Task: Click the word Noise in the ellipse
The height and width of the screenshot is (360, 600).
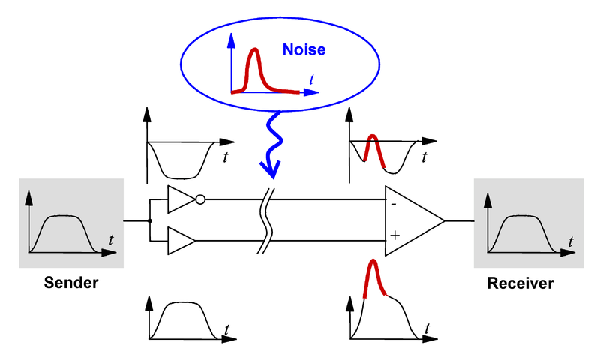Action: coord(304,49)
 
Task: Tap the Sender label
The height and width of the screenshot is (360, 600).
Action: coord(71,283)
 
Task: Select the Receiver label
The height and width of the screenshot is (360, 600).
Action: coord(520,283)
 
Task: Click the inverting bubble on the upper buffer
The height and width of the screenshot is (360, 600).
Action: coord(200,199)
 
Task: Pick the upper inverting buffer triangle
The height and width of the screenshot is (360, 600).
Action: coord(181,199)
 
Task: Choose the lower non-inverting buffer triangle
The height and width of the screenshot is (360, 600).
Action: coord(181,241)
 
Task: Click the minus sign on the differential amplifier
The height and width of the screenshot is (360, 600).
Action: coord(394,205)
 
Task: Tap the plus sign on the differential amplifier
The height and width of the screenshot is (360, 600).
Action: coord(395,235)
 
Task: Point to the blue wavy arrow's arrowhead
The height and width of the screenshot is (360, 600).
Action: coord(271,169)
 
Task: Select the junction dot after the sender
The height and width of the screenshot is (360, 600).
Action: coord(150,221)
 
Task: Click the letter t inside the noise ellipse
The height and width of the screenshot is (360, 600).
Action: coord(311,79)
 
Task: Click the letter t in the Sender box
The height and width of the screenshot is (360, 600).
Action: coord(111,240)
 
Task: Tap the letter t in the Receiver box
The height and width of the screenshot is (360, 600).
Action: coord(571,241)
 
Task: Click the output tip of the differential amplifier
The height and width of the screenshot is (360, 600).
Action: coord(445,221)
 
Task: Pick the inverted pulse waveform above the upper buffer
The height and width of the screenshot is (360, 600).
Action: coord(181,178)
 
